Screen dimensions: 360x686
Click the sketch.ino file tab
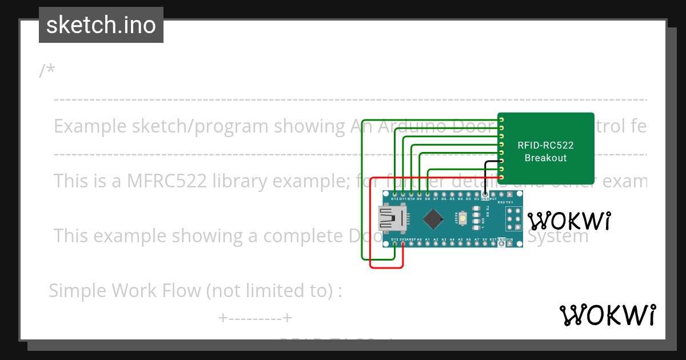point(101,25)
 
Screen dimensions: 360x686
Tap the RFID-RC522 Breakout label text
point(545,151)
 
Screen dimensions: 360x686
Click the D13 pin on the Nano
point(395,244)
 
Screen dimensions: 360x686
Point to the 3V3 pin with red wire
point(403,244)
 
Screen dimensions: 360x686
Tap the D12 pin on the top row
point(395,194)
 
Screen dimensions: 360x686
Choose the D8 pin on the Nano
point(428,194)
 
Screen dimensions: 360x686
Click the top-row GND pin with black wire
point(485,194)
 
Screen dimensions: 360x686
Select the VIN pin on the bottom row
point(509,244)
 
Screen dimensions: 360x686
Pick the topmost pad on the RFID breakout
point(501,119)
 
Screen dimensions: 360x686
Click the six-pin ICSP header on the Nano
point(513,219)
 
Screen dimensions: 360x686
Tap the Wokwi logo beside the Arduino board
point(569,221)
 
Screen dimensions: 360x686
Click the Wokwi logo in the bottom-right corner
point(607,315)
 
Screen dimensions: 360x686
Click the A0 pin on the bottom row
point(419,244)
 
